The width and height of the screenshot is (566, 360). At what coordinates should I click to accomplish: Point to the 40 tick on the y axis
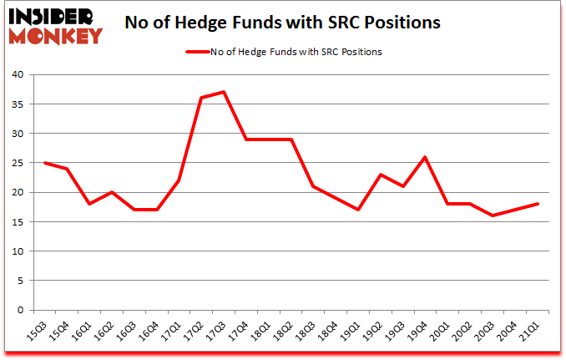(x=18, y=75)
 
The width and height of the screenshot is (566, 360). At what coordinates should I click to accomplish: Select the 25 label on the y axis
(x=18, y=163)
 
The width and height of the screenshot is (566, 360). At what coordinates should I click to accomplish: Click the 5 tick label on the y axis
(x=21, y=281)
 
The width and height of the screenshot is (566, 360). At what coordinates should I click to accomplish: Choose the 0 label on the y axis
(x=21, y=310)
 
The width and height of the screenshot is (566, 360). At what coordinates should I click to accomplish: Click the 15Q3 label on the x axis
(x=38, y=333)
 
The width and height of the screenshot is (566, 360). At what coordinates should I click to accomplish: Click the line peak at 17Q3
(x=224, y=92)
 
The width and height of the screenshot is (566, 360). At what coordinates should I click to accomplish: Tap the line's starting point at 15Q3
(x=44, y=163)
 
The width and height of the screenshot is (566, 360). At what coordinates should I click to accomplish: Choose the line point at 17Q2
(x=201, y=98)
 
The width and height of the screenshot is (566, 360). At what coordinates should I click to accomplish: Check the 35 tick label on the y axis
(x=18, y=104)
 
